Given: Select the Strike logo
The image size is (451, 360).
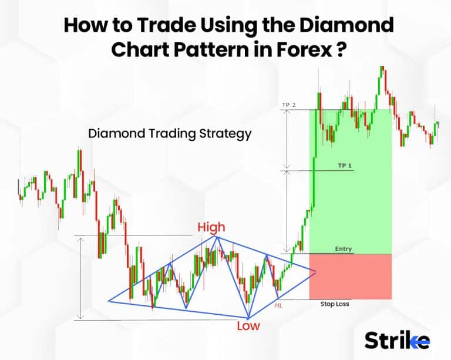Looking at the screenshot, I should coord(397,340).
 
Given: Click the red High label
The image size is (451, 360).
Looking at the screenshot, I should coord(211,227).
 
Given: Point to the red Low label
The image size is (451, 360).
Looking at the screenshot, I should coord(248,325).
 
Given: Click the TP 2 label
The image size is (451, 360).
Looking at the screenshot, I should coord(289,105).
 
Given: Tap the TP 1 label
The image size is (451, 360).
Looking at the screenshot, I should coord(345,166).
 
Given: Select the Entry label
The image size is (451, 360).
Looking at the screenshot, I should coord(344,249).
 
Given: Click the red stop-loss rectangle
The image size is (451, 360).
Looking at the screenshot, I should coord(350,276).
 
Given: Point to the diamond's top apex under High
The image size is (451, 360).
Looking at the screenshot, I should coord(217,237).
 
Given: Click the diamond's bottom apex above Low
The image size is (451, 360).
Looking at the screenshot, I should coord(249,317).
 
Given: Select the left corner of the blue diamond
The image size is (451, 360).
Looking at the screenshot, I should coord(109,301).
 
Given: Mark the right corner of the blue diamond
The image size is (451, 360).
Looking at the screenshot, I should coord(317,271).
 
